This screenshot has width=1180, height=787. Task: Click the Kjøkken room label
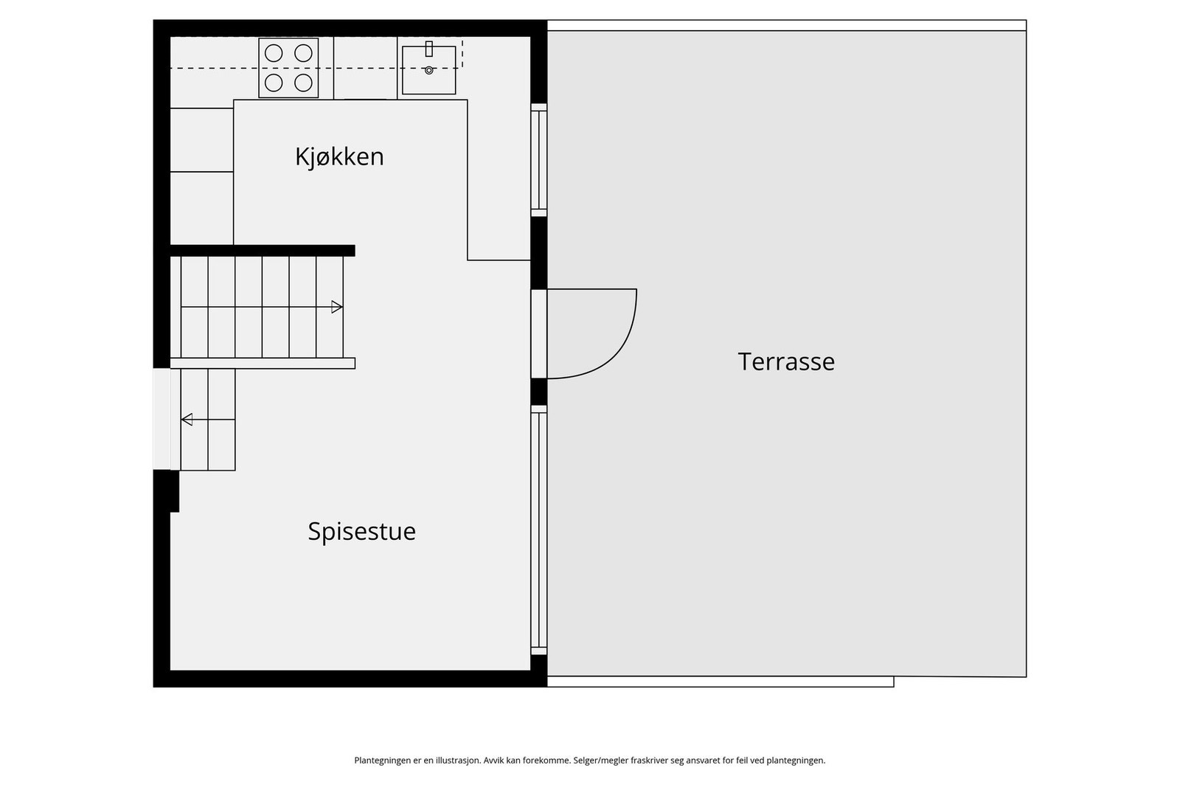pos(339,157)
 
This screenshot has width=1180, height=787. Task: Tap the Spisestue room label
pos(361,531)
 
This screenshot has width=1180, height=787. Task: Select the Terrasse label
pos(786,361)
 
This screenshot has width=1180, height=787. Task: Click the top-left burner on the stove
pos(274,53)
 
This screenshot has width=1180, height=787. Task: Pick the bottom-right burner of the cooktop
pos(303,82)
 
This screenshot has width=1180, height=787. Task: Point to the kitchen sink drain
pos(429,71)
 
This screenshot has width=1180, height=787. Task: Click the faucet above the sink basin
pos(428,49)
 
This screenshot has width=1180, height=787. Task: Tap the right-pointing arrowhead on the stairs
pos(337,307)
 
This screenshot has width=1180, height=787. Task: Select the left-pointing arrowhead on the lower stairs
pos(187,420)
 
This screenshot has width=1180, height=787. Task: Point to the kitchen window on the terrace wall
pos(539,160)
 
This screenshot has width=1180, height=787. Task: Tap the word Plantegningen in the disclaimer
pos(381,760)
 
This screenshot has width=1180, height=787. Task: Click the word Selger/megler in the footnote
pos(600,760)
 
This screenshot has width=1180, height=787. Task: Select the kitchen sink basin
pos(429,70)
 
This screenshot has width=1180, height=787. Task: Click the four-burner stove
pos(288,68)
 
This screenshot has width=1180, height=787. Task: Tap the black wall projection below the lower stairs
pos(167,490)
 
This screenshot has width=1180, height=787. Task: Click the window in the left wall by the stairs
pos(162,419)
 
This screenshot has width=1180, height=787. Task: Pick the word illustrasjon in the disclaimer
pos(457,760)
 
